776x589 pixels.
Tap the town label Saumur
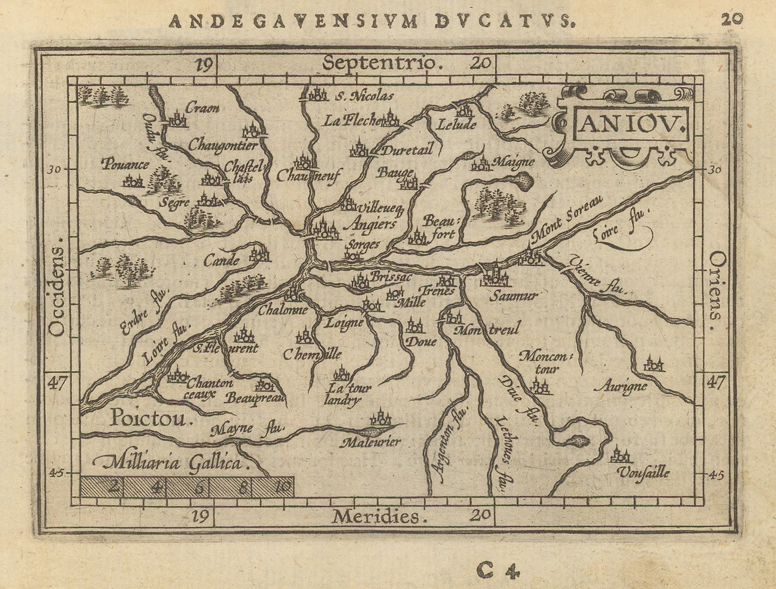[x=513, y=296]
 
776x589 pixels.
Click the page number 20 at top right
[x=731, y=19]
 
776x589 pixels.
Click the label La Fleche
[x=351, y=120]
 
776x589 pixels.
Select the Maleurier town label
[x=371, y=442]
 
